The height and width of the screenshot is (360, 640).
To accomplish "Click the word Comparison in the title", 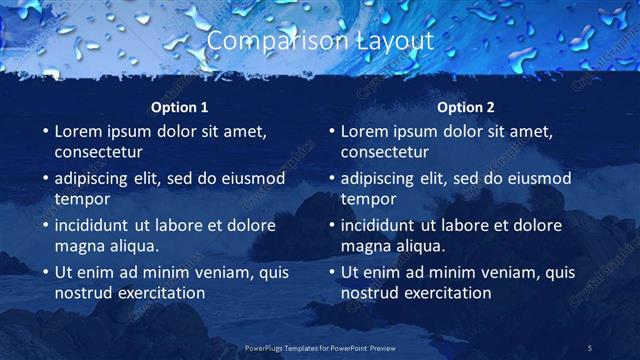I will click(267, 41).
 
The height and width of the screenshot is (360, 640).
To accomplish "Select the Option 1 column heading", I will click(180, 107).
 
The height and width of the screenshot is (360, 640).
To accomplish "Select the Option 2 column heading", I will click(466, 107).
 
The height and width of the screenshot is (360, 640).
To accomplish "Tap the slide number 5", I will click(589, 347).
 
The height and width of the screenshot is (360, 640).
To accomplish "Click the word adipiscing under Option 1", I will click(97, 179).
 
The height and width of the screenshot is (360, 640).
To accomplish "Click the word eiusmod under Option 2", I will click(536, 179).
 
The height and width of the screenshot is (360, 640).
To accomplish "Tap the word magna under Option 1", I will click(80, 245).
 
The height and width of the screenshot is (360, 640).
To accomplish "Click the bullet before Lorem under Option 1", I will click(45, 131).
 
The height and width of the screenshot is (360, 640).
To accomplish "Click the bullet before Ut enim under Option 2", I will click(331, 272).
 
